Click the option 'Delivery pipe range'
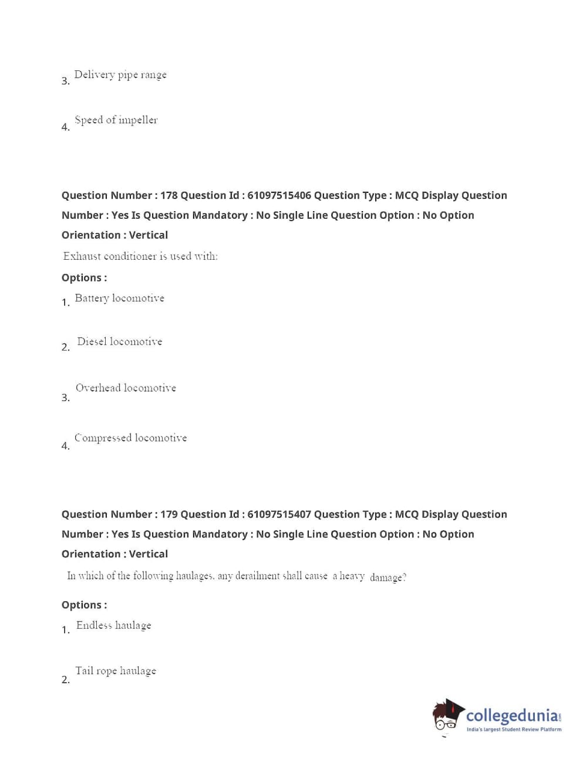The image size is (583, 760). pyautogui.click(x=120, y=74)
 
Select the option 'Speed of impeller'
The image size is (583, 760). pyautogui.click(x=116, y=120)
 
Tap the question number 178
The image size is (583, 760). pyautogui.click(x=169, y=195)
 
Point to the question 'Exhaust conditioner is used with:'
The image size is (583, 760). pyautogui.click(x=140, y=256)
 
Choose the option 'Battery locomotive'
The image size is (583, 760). pyautogui.click(x=119, y=298)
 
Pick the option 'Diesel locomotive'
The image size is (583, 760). pyautogui.click(x=119, y=341)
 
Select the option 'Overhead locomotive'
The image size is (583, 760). pyautogui.click(x=126, y=388)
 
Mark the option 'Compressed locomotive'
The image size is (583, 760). pyautogui.click(x=130, y=437)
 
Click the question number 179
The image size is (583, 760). pyautogui.click(x=169, y=514)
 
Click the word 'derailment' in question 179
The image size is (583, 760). pyautogui.click(x=257, y=576)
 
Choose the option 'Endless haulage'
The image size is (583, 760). pyautogui.click(x=113, y=625)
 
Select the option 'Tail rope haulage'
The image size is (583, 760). pyautogui.click(x=116, y=670)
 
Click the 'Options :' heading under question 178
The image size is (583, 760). pyautogui.click(x=84, y=277)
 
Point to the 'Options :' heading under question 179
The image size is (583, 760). pyautogui.click(x=84, y=605)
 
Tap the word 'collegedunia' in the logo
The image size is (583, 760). pyautogui.click(x=512, y=715)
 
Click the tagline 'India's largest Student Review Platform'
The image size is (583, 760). pyautogui.click(x=514, y=730)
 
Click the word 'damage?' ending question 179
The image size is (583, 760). pyautogui.click(x=387, y=577)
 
